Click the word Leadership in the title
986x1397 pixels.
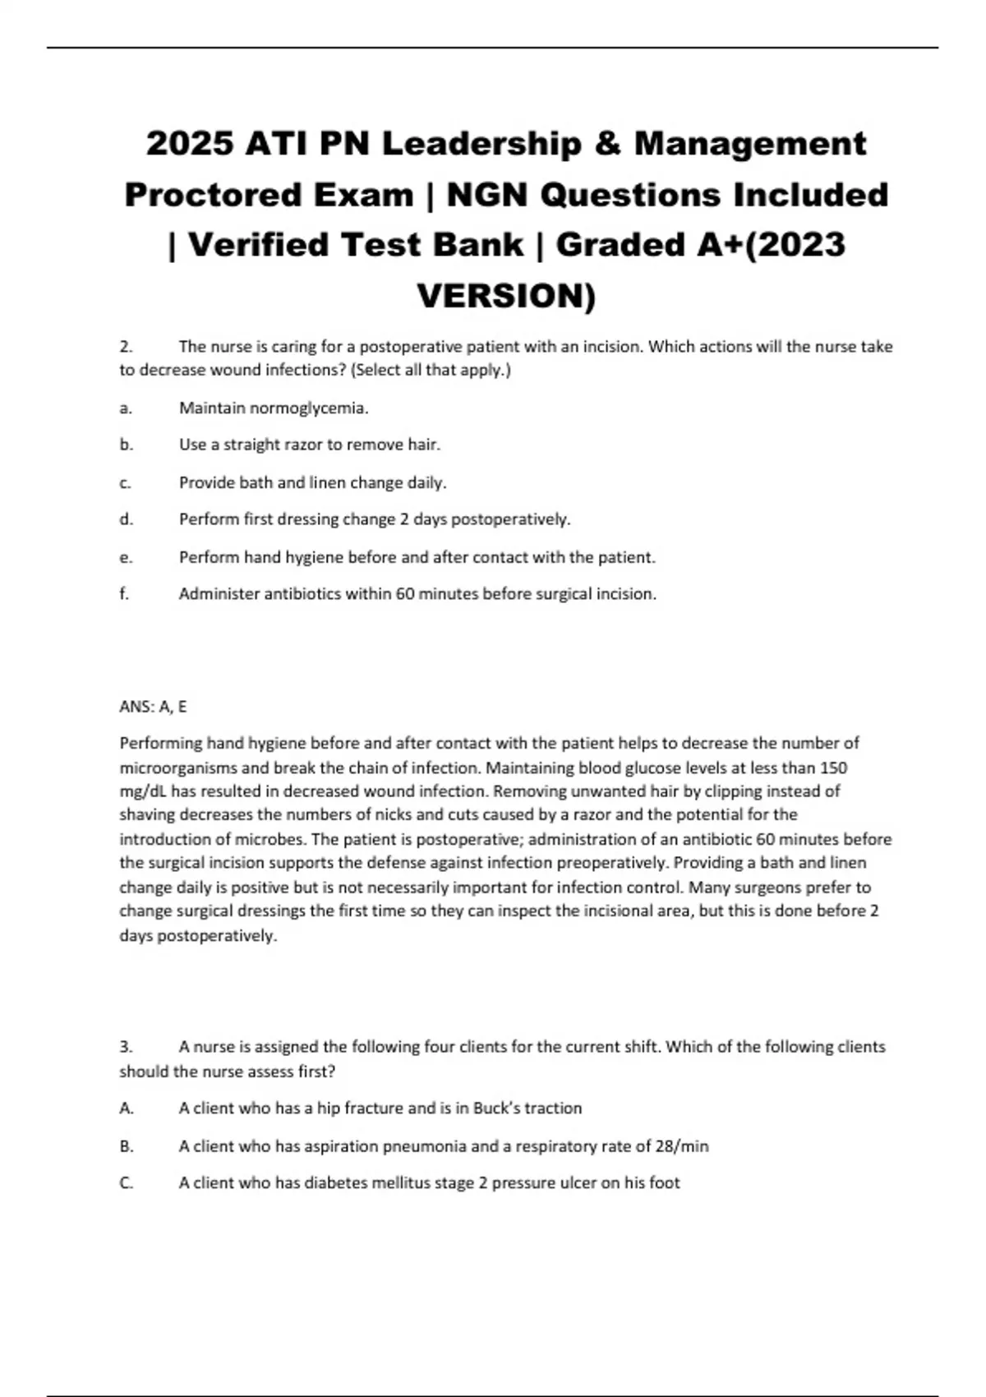point(481,144)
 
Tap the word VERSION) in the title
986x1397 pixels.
point(506,296)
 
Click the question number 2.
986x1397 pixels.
point(126,347)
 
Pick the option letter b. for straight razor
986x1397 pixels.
point(126,445)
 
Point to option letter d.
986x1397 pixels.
point(126,519)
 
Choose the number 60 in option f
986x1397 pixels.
point(404,593)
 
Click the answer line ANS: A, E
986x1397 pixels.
point(153,706)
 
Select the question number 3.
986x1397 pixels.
point(126,1047)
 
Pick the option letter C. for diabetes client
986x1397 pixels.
point(127,1183)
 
